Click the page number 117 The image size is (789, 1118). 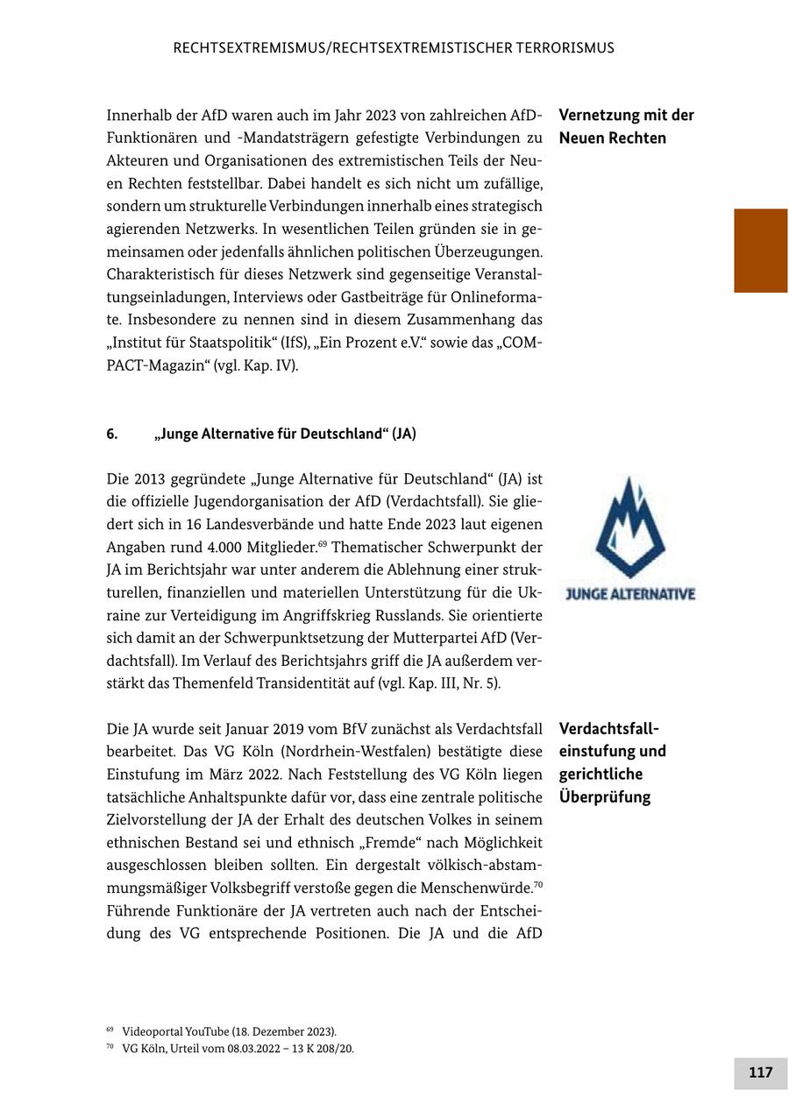pos(760,1072)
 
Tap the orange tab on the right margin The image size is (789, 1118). pos(760,251)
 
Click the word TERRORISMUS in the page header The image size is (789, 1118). pos(557,48)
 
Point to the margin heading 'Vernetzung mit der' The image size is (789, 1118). pos(626,116)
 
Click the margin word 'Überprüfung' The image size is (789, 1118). pos(604,797)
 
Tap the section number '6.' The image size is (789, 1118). pos(112,434)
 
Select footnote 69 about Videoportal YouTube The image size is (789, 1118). pos(228,1031)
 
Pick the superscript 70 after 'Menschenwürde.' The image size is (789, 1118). pos(538,885)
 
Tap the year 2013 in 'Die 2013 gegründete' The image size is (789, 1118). pos(151,479)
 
